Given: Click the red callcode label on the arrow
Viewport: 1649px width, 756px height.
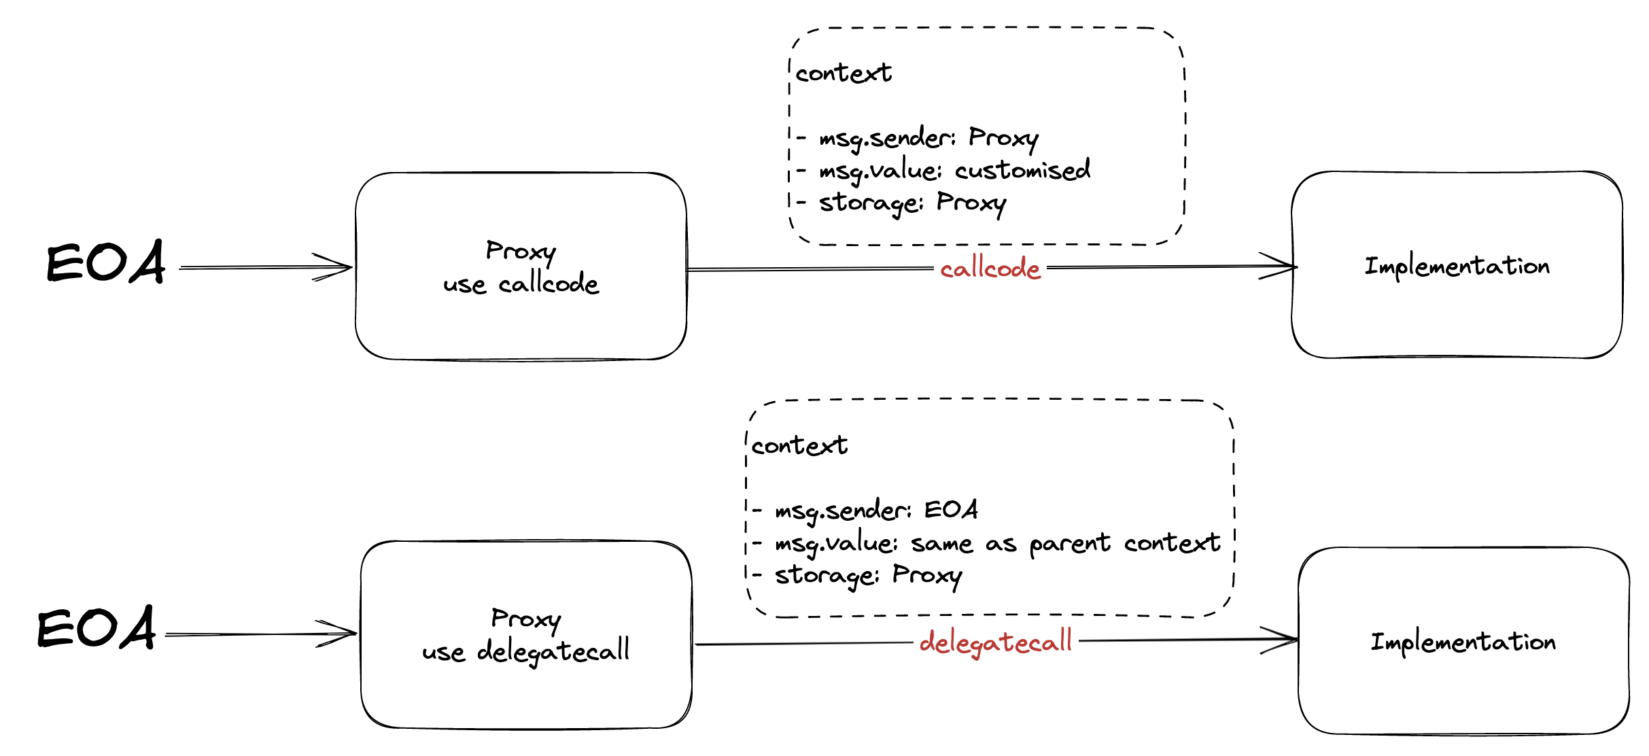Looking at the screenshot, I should (x=990, y=269).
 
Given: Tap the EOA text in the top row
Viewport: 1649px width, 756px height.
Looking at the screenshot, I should (x=105, y=262).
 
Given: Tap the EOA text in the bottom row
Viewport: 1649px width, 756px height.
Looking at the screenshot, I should (x=97, y=628).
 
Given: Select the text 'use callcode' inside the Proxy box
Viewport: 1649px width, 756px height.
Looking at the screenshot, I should (x=521, y=284).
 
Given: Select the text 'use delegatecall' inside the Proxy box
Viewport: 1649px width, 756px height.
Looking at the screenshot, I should (x=525, y=651).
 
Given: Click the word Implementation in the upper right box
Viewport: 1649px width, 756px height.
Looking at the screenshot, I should (x=1457, y=266).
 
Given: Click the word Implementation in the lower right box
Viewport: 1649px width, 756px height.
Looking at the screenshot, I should (x=1463, y=642).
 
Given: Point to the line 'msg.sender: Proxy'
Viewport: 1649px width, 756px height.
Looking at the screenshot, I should (x=928, y=138).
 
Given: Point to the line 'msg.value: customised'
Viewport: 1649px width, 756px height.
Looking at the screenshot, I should (x=954, y=170).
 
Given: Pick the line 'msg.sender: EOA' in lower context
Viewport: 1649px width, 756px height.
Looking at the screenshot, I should (x=875, y=510).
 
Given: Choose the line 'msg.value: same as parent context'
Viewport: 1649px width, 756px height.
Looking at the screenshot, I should (x=996, y=543).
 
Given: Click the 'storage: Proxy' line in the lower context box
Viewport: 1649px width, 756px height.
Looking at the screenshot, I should (x=867, y=576).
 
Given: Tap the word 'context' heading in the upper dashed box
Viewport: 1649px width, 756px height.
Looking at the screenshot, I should (x=843, y=73).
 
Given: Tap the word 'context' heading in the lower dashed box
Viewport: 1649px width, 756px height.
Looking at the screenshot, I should (x=799, y=445).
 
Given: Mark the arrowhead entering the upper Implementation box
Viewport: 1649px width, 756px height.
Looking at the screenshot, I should (x=1281, y=266).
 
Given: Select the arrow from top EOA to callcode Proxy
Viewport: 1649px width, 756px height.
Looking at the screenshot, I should (x=265, y=267).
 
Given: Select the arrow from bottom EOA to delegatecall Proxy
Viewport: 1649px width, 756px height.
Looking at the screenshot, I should (x=262, y=634).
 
